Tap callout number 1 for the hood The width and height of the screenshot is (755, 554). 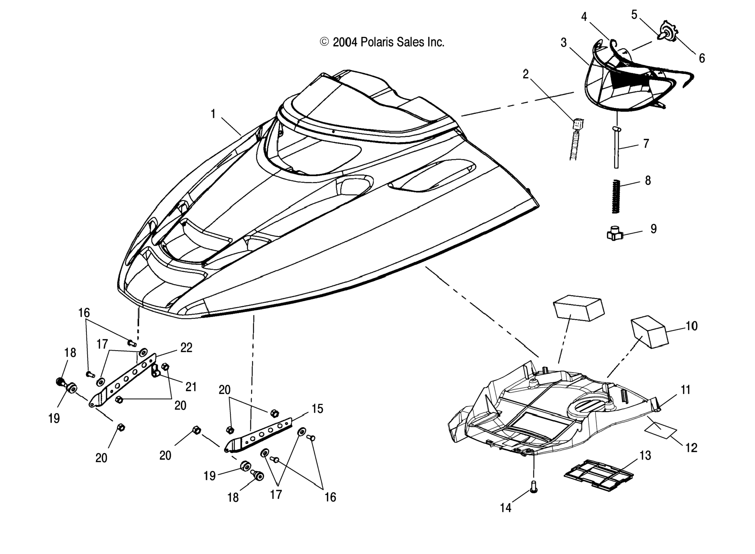213,114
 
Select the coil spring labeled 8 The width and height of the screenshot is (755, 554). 615,196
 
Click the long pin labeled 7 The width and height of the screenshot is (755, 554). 616,148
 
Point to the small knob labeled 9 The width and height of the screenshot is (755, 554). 614,233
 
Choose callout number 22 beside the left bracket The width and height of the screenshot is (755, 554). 186,348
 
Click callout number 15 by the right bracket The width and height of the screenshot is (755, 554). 317,409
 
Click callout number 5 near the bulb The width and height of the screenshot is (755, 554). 634,15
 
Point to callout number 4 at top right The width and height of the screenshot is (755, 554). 584,17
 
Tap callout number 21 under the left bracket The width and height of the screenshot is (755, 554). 191,387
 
